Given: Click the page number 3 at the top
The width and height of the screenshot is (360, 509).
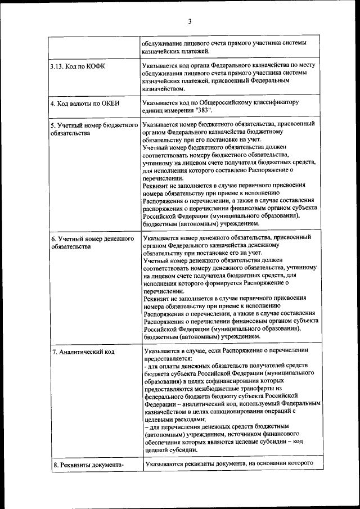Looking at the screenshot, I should (x=190, y=21).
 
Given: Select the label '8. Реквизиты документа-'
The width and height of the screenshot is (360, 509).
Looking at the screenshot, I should (x=87, y=465).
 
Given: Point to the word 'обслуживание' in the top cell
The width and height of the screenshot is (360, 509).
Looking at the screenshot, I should (x=164, y=44).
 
